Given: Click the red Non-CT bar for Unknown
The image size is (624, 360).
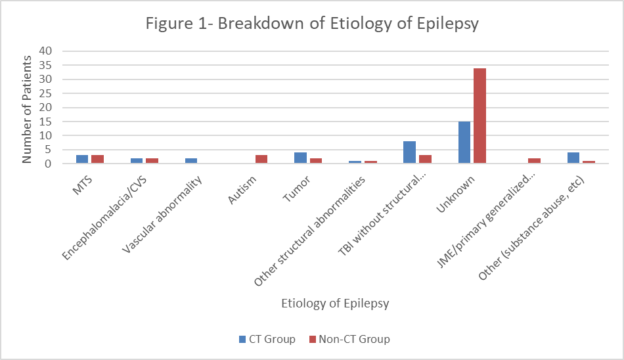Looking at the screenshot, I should point(479,116).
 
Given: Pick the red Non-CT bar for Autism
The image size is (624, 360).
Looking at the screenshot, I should point(261,160).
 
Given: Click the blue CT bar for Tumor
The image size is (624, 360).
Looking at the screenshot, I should point(300,158).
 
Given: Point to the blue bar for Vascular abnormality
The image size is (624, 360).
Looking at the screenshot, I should point(191,161).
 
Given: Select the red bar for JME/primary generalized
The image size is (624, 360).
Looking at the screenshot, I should point(534,161).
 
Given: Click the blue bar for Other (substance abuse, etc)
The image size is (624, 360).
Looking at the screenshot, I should point(573,158).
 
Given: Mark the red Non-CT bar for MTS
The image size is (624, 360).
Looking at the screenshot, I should point(97,160).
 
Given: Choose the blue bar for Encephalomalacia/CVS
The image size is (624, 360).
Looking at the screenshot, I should point(137,161).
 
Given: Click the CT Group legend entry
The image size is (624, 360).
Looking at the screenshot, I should point(267,340).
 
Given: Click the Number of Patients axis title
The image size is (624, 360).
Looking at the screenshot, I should point(28,108).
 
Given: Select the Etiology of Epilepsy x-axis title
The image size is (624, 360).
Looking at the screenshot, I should point(335,304).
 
